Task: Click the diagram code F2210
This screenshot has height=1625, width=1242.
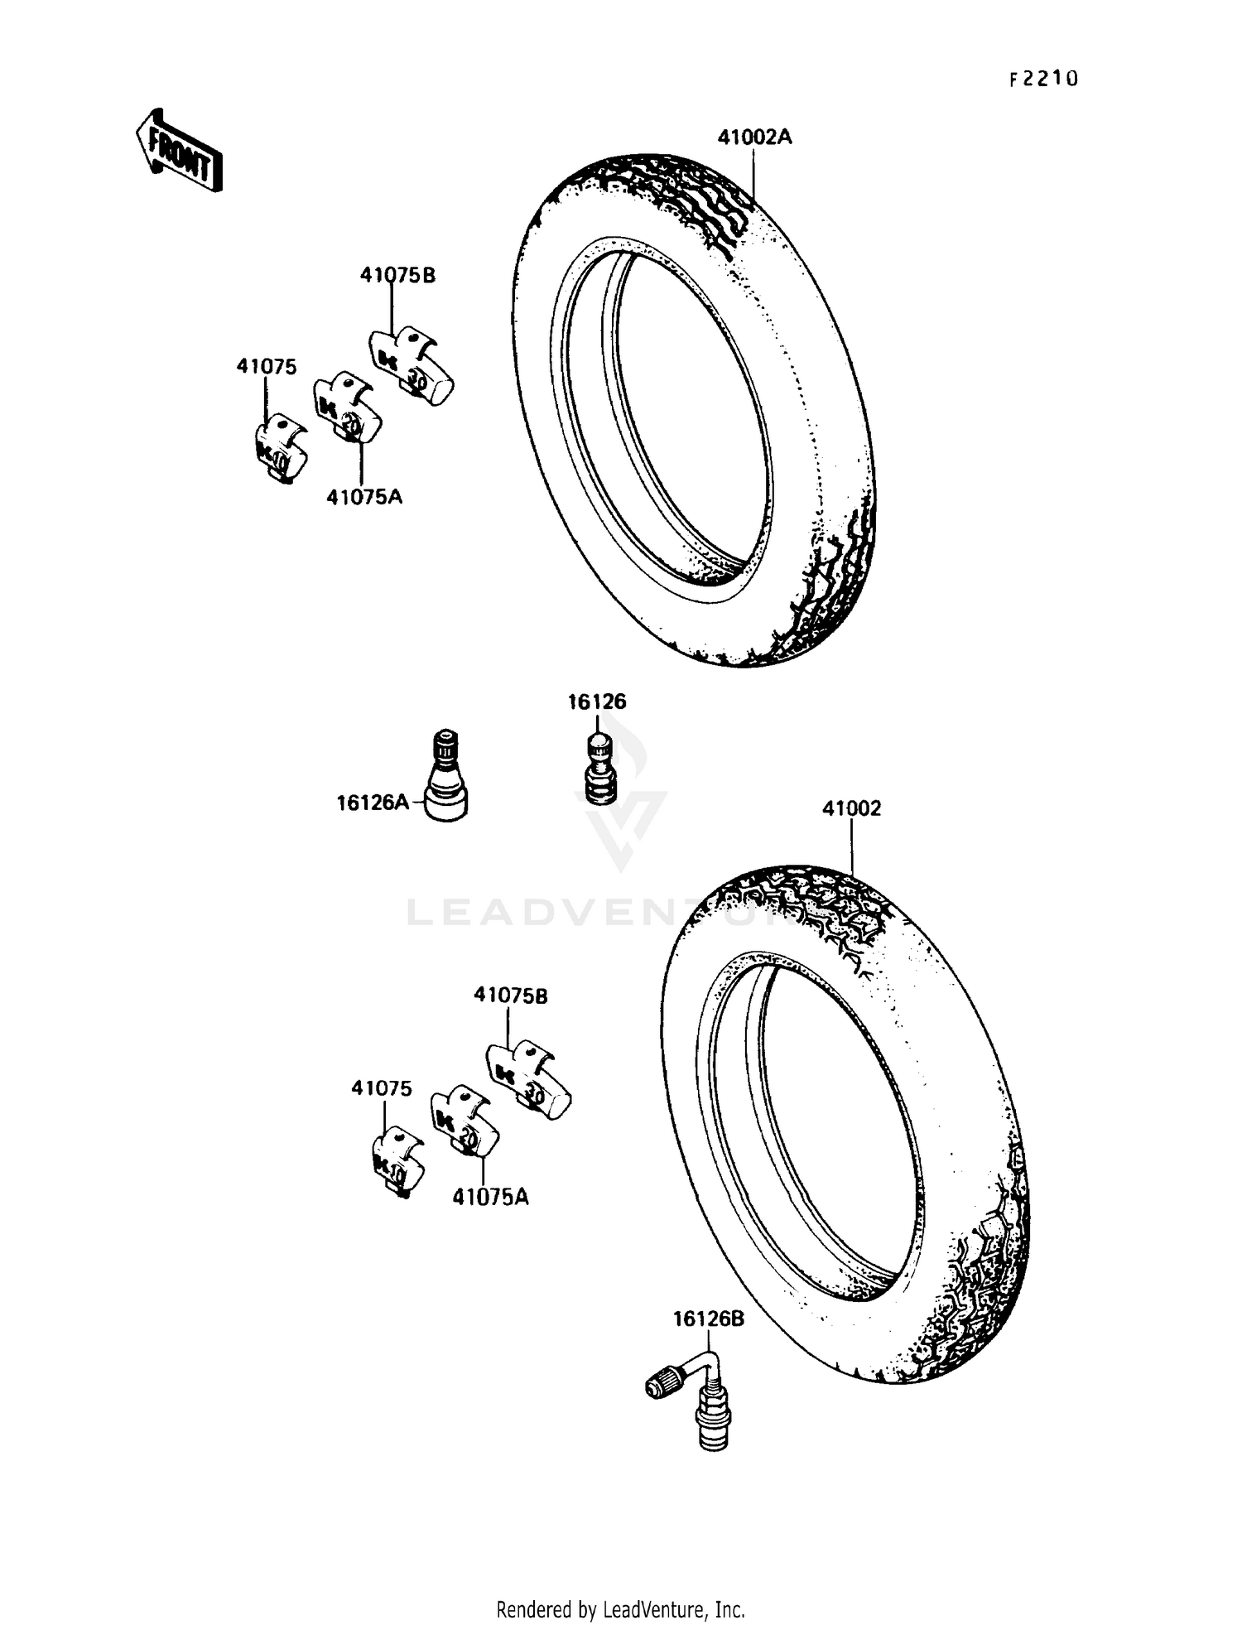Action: (x=1043, y=79)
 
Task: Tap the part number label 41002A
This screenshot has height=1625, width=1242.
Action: (x=753, y=137)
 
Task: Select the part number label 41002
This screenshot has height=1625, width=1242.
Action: (x=851, y=808)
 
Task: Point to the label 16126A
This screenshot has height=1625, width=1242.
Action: (x=373, y=802)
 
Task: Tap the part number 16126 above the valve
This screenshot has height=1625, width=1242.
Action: (x=596, y=702)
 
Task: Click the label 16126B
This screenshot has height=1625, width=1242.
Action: (x=708, y=1319)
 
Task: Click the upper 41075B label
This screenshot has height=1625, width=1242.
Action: (x=397, y=275)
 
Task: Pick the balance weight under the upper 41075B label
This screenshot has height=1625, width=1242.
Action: (x=412, y=367)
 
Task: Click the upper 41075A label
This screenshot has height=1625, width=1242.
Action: (x=364, y=497)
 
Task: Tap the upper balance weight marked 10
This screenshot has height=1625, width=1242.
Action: (x=280, y=448)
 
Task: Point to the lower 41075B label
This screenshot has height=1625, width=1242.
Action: (x=511, y=996)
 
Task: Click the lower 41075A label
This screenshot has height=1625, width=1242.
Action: (x=490, y=1197)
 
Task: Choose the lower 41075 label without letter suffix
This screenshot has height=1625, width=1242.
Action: (x=381, y=1088)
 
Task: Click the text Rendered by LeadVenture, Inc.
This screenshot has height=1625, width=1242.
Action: (x=620, y=1609)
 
